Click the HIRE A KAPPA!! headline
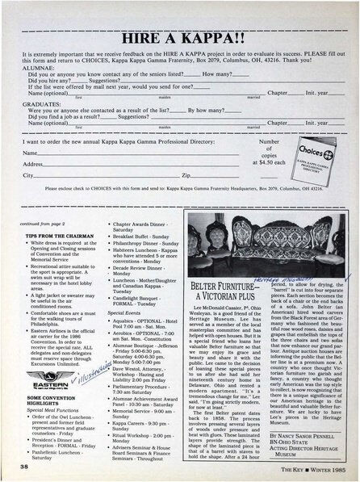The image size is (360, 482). tap(179, 39)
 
